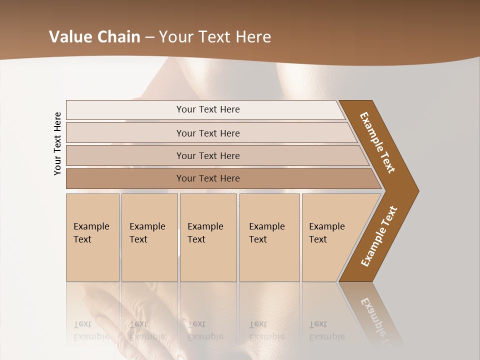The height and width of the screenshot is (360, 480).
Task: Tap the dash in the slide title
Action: pos(149,37)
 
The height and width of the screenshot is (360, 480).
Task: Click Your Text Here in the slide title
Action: pos(215,37)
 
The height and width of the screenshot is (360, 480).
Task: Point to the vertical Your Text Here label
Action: pos(57,144)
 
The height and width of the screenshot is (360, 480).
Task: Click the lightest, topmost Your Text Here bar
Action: pos(208,109)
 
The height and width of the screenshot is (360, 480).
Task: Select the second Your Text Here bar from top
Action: pos(208,133)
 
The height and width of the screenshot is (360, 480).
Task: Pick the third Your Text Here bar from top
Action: pos(208,155)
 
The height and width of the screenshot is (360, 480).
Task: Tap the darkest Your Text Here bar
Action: pos(208,178)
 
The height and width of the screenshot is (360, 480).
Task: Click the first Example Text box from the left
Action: pos(92,233)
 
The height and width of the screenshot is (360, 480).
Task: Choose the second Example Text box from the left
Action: pos(148,233)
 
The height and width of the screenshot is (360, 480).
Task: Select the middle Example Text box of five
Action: pos(207,233)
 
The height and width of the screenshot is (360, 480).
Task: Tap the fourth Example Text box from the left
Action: pos(269,233)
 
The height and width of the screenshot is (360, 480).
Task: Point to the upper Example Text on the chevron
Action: pos(377,142)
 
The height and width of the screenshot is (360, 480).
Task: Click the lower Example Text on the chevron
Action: pos(379,236)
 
